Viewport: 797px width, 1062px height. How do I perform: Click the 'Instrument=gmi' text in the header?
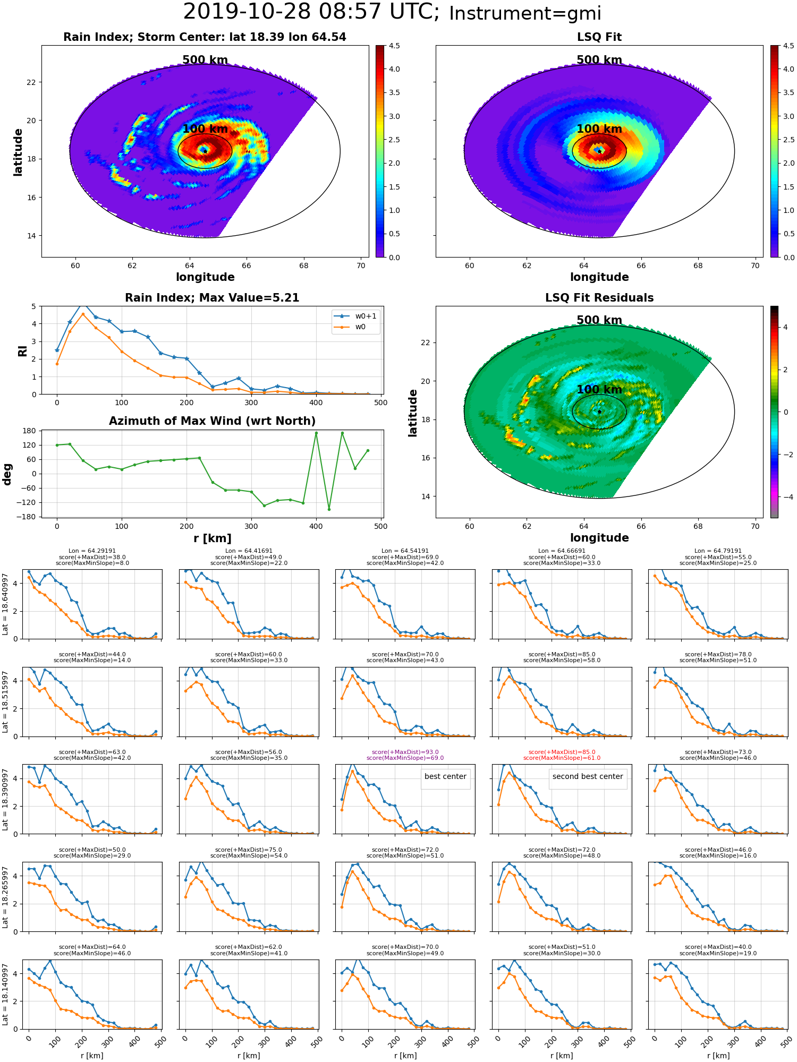[525, 14]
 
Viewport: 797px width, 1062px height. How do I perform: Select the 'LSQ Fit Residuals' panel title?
[599, 298]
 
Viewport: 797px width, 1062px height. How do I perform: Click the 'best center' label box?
[445, 776]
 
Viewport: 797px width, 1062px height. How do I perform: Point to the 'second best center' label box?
[588, 776]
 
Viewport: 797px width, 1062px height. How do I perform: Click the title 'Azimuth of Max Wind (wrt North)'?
[212, 421]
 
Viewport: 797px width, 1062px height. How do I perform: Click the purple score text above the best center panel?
[405, 755]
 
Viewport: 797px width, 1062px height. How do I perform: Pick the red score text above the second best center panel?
[562, 755]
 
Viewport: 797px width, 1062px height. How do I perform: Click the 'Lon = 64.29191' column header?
[92, 551]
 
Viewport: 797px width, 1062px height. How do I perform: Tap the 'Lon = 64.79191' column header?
[718, 551]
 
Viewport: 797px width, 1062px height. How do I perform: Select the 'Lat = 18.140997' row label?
[5, 995]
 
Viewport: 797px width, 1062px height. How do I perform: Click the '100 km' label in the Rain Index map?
[205, 129]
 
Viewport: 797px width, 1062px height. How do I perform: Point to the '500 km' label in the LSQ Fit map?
[599, 60]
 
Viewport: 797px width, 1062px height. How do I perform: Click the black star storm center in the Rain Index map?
[205, 151]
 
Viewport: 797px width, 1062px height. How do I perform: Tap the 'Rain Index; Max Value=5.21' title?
[212, 298]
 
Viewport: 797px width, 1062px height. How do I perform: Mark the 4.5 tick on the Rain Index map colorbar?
[394, 46]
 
